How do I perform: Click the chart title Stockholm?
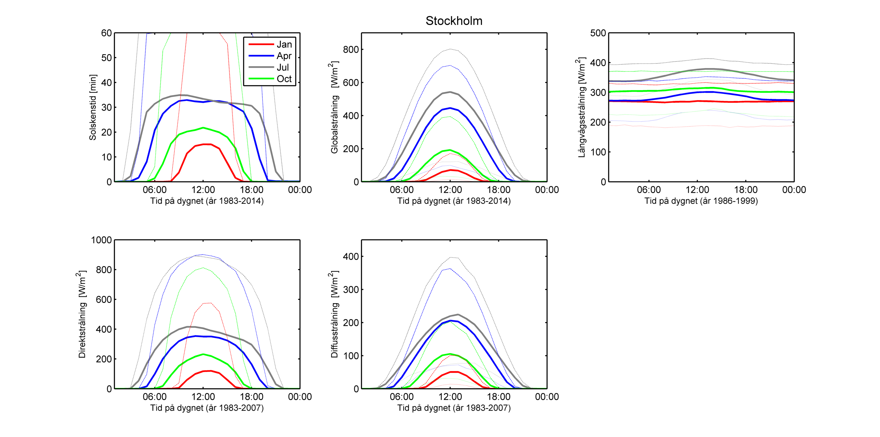454,21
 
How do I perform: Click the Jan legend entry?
284,44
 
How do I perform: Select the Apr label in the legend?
284,56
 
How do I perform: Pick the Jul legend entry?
283,67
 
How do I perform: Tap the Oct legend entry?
284,79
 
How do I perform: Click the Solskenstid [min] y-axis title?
93,107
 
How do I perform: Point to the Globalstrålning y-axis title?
334,107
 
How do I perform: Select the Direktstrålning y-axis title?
82,315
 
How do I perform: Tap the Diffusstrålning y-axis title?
334,315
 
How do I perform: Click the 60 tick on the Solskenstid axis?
106,33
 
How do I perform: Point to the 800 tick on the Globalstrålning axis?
351,49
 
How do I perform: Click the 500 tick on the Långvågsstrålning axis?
598,33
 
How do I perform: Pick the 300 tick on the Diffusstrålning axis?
351,290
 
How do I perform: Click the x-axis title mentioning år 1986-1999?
701,201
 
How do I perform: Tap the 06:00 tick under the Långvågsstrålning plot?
649,190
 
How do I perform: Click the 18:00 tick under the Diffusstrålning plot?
498,397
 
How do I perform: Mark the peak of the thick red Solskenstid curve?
207,144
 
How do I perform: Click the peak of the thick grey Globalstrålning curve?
450,92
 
